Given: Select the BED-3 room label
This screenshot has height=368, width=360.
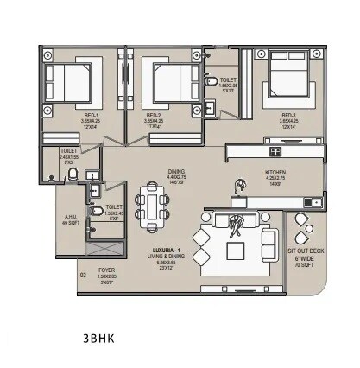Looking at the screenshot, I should click(x=288, y=115).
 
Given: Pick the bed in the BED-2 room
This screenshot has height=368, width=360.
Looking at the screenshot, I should click(x=168, y=82).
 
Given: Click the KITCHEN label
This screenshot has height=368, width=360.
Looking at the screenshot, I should click(x=275, y=172).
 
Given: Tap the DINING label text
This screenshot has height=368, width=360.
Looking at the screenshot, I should click(x=176, y=171).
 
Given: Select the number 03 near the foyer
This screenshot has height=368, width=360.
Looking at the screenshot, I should click(x=83, y=276).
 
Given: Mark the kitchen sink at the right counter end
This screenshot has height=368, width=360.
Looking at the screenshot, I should click(x=310, y=203).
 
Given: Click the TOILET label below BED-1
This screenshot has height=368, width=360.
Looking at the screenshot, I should click(x=68, y=151).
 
